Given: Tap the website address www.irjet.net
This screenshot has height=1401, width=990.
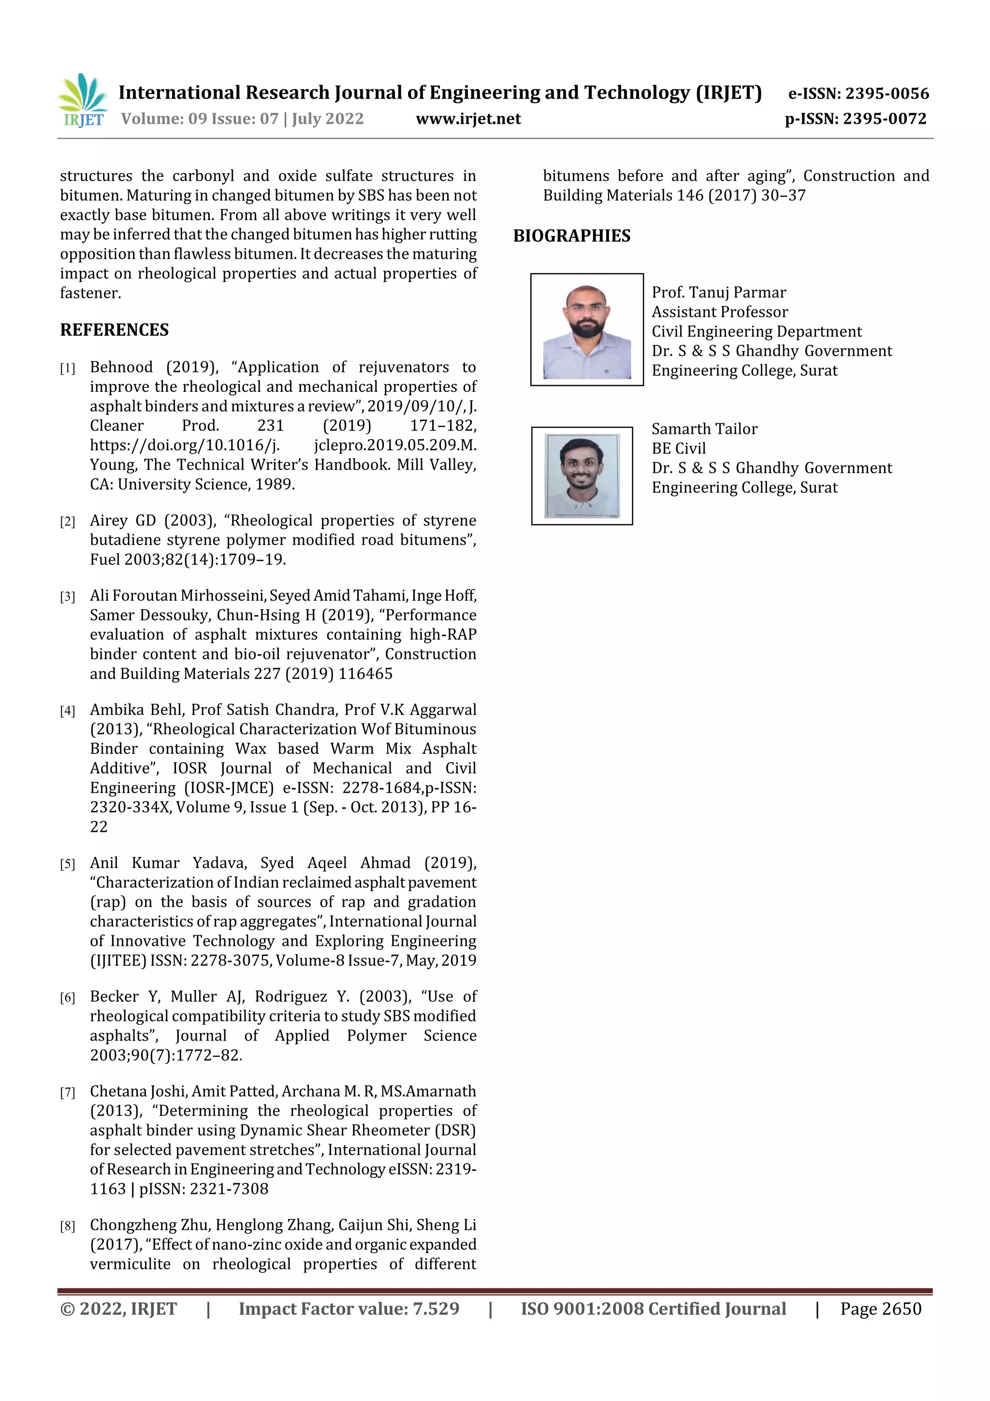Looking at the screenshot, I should (x=468, y=119).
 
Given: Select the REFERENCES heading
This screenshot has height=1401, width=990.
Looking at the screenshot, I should (x=114, y=330).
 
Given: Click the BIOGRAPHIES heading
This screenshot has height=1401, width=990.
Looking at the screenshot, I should (x=571, y=236).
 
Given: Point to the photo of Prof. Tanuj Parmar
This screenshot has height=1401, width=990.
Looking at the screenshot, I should (x=586, y=329).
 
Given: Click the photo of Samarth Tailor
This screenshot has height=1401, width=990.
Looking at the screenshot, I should (x=582, y=476).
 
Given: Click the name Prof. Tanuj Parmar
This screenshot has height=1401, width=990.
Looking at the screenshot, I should (x=718, y=292).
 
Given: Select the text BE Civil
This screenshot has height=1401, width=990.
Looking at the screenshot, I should (x=678, y=448).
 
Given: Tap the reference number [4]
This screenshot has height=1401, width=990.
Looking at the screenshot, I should (x=68, y=711).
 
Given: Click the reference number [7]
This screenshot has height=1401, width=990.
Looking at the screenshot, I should (x=68, y=1092).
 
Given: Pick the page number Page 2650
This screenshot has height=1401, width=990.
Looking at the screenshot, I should (x=880, y=1309).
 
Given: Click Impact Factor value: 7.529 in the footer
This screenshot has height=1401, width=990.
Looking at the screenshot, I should (x=349, y=1309).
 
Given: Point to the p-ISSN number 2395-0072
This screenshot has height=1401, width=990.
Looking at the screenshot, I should (x=885, y=119).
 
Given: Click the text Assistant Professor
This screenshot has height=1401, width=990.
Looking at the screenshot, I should (x=720, y=312).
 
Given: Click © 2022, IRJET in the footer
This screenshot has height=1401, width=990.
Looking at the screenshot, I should (x=118, y=1309).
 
